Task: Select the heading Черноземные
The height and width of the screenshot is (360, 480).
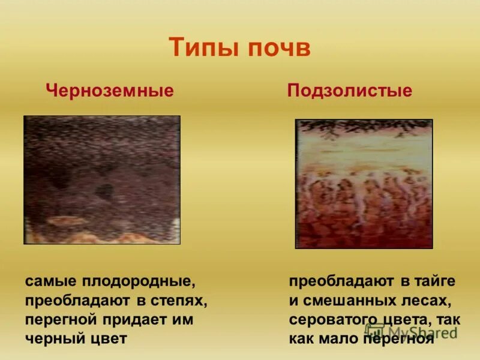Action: point(110,91)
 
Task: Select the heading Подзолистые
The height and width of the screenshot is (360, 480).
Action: point(350,91)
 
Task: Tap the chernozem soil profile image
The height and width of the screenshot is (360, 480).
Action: point(102,179)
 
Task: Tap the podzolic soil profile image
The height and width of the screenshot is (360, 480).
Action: point(364,184)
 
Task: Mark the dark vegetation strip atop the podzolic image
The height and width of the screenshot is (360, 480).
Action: point(364,125)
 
